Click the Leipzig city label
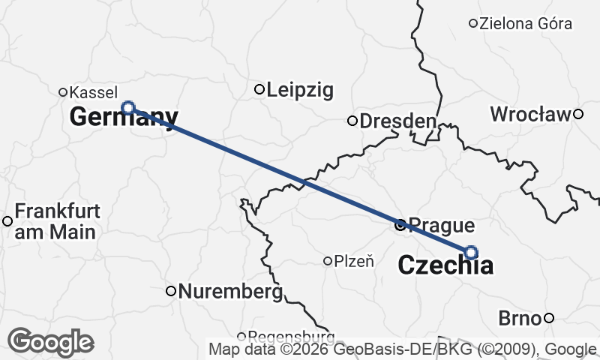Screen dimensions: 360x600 [300, 91]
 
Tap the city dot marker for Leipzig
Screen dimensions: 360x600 [259, 90]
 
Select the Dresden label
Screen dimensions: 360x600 [397, 121]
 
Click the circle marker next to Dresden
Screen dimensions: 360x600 [352, 121]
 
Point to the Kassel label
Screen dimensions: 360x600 [93, 92]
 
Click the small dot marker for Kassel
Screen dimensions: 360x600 [64, 92]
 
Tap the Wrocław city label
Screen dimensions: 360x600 [530, 115]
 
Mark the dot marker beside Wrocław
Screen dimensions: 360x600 [578, 114]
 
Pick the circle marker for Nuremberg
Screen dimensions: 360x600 [171, 290]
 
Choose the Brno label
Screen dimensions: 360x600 [520, 319]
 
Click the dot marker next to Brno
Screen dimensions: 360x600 [549, 318]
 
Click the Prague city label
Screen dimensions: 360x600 [443, 225]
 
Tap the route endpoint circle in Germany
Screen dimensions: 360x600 [128, 107]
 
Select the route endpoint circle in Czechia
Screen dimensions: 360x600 [471, 252]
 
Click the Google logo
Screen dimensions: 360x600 [51, 343]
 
